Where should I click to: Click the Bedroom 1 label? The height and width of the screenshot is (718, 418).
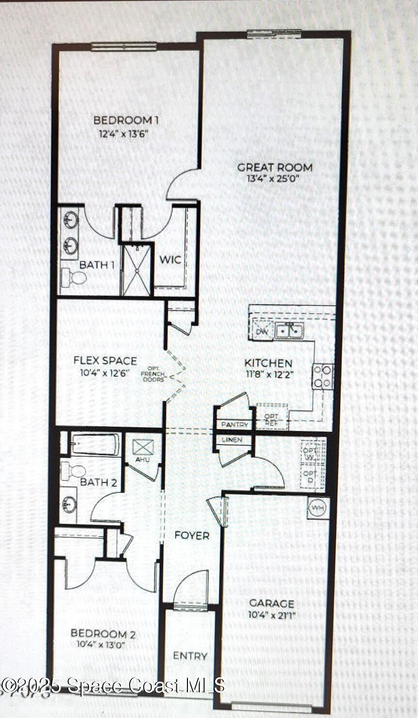(125, 120)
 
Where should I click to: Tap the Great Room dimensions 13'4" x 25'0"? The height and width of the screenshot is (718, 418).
(275, 178)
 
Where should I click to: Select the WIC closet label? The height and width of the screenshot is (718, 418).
(170, 260)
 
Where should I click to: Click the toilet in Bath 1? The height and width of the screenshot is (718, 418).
(74, 278)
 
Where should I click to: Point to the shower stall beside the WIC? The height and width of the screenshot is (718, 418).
(136, 270)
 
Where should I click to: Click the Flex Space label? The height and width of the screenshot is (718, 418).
(105, 361)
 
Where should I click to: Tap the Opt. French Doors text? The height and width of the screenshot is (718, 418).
(153, 374)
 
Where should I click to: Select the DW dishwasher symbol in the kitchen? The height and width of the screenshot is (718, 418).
(262, 331)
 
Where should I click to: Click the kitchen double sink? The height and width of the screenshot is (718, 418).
(289, 330)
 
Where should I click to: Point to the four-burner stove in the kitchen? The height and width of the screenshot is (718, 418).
(323, 376)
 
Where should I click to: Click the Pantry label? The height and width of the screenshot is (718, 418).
(234, 425)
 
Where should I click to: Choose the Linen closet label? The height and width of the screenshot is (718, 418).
(232, 440)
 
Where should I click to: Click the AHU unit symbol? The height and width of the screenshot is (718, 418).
(143, 447)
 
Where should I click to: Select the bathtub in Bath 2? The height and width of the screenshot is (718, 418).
(94, 444)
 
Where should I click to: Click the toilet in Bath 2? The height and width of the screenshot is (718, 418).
(74, 470)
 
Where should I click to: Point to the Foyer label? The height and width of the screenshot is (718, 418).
(192, 536)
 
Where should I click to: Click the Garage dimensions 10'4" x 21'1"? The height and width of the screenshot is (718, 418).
(271, 616)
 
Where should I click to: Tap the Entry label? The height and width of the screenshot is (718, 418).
(190, 656)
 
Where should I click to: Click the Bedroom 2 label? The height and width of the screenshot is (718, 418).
(103, 634)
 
